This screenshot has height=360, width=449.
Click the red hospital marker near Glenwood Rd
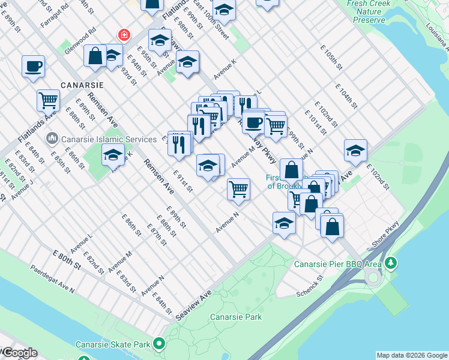pos(124,35)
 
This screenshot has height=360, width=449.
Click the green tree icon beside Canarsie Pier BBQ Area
pos(391,263)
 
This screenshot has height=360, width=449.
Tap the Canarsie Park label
pos(236,317)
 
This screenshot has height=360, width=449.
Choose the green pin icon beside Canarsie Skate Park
pos(159,344)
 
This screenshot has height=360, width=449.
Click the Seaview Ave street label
pos(194,305)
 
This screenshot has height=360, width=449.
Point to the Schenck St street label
pos(310,287)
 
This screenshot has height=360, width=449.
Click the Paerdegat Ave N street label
pos(53,279)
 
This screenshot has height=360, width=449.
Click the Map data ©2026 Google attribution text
pos(412,355)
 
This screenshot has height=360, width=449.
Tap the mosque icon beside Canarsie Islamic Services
pos(53,139)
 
